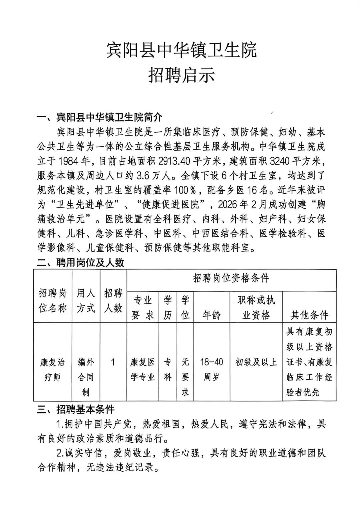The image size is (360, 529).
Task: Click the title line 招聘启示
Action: [181, 75]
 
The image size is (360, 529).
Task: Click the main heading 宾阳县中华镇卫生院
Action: [181, 50]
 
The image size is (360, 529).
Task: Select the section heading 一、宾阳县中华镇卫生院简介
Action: [100, 117]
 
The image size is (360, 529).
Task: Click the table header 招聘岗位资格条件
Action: [231, 278]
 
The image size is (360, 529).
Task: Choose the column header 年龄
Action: [211, 315]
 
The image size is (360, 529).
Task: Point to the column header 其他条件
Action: [309, 315]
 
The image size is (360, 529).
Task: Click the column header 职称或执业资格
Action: [256, 307]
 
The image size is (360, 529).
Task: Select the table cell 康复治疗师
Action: [52, 370]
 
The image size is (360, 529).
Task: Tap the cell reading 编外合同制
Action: [86, 377]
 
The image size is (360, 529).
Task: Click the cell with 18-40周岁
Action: [211, 370]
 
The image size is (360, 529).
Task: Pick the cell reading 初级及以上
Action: [256, 362]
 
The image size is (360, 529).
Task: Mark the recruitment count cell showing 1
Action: [113, 362]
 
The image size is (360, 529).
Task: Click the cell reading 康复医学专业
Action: [143, 370]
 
